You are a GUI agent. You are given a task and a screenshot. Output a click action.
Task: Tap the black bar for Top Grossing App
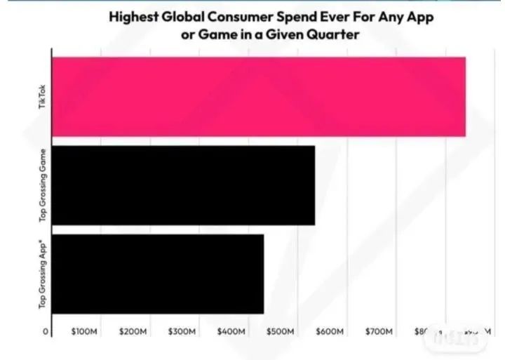pos(159,274)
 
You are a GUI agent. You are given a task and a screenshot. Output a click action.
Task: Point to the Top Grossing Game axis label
pos(43,185)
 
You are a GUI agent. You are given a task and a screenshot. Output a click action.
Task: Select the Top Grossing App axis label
pos(43,274)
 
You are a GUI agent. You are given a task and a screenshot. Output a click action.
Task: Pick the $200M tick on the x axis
pos(133,331)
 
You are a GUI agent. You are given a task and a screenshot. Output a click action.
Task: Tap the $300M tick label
pos(182,331)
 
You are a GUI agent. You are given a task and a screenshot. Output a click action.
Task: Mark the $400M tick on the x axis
pos(231,331)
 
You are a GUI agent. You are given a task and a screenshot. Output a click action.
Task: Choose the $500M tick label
pos(280,331)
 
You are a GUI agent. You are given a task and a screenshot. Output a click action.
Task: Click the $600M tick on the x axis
pos(329,331)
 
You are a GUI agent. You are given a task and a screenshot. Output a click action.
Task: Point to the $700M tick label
pos(378,331)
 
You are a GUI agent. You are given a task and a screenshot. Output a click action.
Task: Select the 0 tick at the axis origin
pos(46,331)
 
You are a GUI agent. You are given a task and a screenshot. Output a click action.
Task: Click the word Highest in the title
pos(132,17)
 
